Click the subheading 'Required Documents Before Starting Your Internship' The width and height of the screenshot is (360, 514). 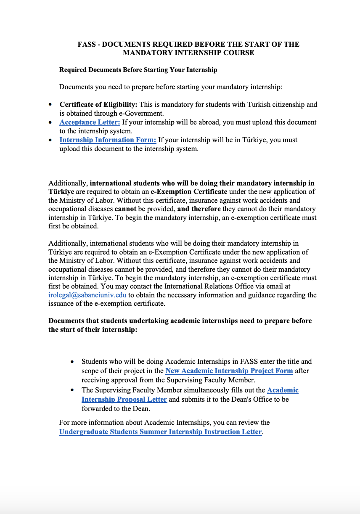[138, 69]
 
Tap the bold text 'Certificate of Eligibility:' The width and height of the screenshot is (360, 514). [98, 104]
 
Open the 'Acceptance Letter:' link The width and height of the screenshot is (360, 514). [90, 122]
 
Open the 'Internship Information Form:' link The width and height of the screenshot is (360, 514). [108, 140]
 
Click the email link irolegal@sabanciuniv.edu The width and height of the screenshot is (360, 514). [87, 295]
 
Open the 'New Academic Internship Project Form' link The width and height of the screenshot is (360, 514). [229, 371]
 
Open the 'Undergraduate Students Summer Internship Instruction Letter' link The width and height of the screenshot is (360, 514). [160, 432]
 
